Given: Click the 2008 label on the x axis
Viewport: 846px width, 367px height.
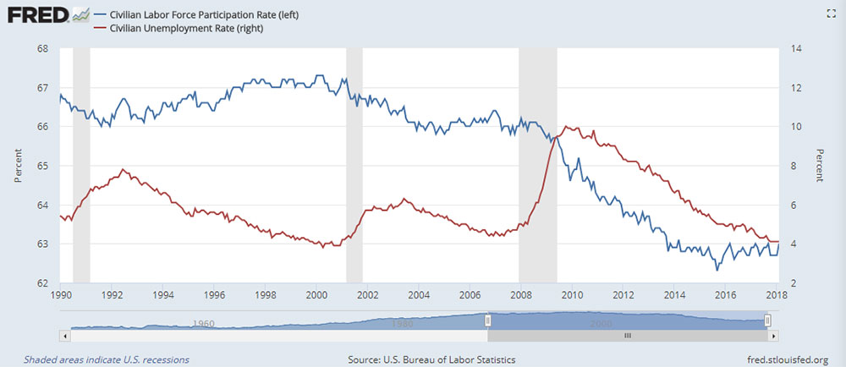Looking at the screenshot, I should (x=520, y=294).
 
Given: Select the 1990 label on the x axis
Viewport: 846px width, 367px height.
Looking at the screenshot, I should (x=61, y=294).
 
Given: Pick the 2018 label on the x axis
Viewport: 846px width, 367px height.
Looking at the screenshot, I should (x=777, y=294).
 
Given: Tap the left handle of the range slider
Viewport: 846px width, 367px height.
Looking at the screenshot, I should (x=487, y=320).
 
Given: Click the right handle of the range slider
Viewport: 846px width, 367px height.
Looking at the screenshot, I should (x=767, y=320).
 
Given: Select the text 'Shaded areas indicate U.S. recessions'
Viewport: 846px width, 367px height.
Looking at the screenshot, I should (x=107, y=359).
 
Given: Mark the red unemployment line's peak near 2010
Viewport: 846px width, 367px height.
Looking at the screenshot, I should (x=566, y=127).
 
